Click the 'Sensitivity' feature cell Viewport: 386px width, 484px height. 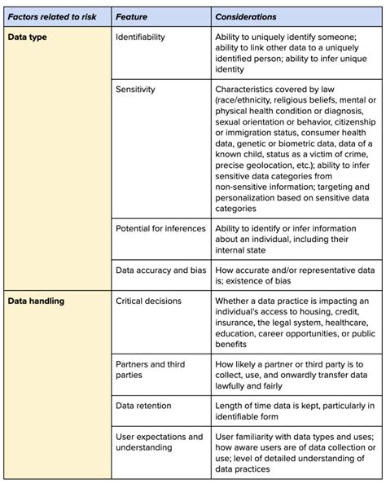point(135,88)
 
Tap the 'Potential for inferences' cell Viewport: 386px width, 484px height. point(160,228)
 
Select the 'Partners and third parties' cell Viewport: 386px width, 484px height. point(153,369)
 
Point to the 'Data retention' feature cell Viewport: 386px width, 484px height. point(143,405)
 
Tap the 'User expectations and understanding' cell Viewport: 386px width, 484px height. point(160,442)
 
